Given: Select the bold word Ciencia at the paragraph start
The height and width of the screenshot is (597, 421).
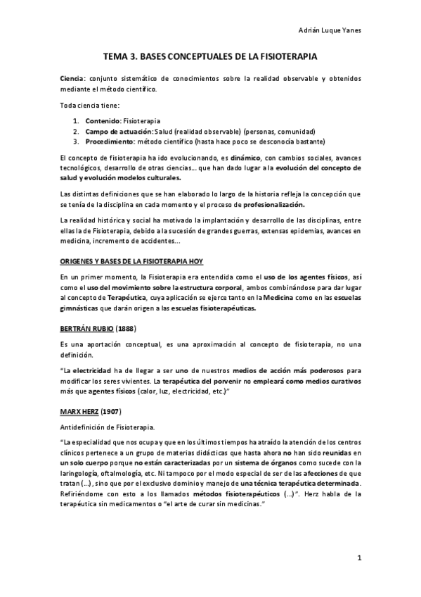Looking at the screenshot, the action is click(x=72, y=78).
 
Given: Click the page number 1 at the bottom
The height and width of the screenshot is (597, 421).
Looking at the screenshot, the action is click(x=358, y=560).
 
